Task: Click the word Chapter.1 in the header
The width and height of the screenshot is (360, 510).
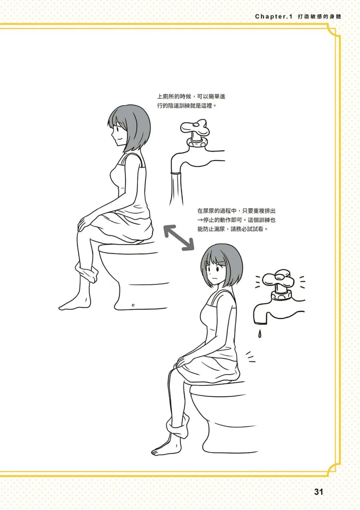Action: (x=274, y=17)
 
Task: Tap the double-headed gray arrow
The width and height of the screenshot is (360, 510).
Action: (x=179, y=237)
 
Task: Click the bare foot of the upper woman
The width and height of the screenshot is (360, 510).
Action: (x=72, y=305)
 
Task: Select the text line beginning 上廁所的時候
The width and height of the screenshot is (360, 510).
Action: (x=191, y=97)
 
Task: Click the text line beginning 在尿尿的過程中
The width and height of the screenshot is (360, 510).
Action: (x=236, y=211)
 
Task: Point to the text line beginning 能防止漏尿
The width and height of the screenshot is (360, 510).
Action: (x=232, y=229)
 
